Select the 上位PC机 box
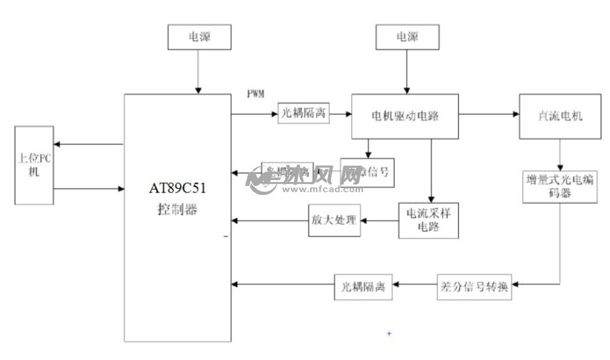(x=33, y=165)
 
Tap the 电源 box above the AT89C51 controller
(x=198, y=36)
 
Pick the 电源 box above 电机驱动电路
(x=406, y=36)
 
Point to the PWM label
(x=256, y=94)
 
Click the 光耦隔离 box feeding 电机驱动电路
(x=304, y=115)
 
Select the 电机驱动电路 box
(x=405, y=117)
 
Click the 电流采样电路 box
(x=428, y=219)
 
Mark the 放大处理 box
(x=334, y=220)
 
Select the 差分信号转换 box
(x=473, y=286)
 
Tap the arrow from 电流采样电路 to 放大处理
(x=379, y=220)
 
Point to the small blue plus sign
(x=388, y=333)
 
